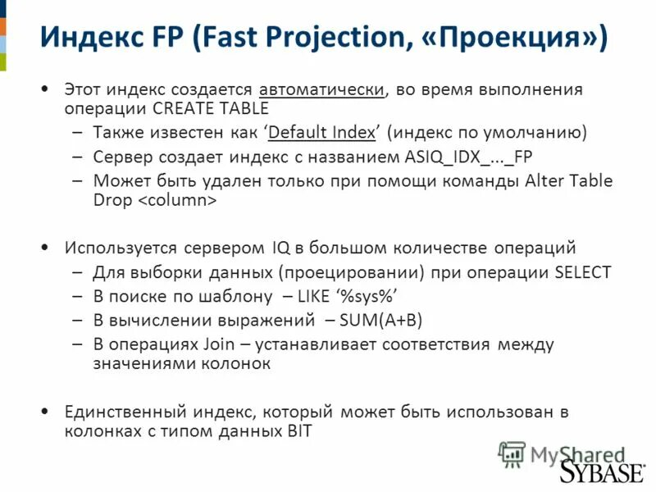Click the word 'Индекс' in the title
tap(89, 39)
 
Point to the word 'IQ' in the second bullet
tap(279, 248)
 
